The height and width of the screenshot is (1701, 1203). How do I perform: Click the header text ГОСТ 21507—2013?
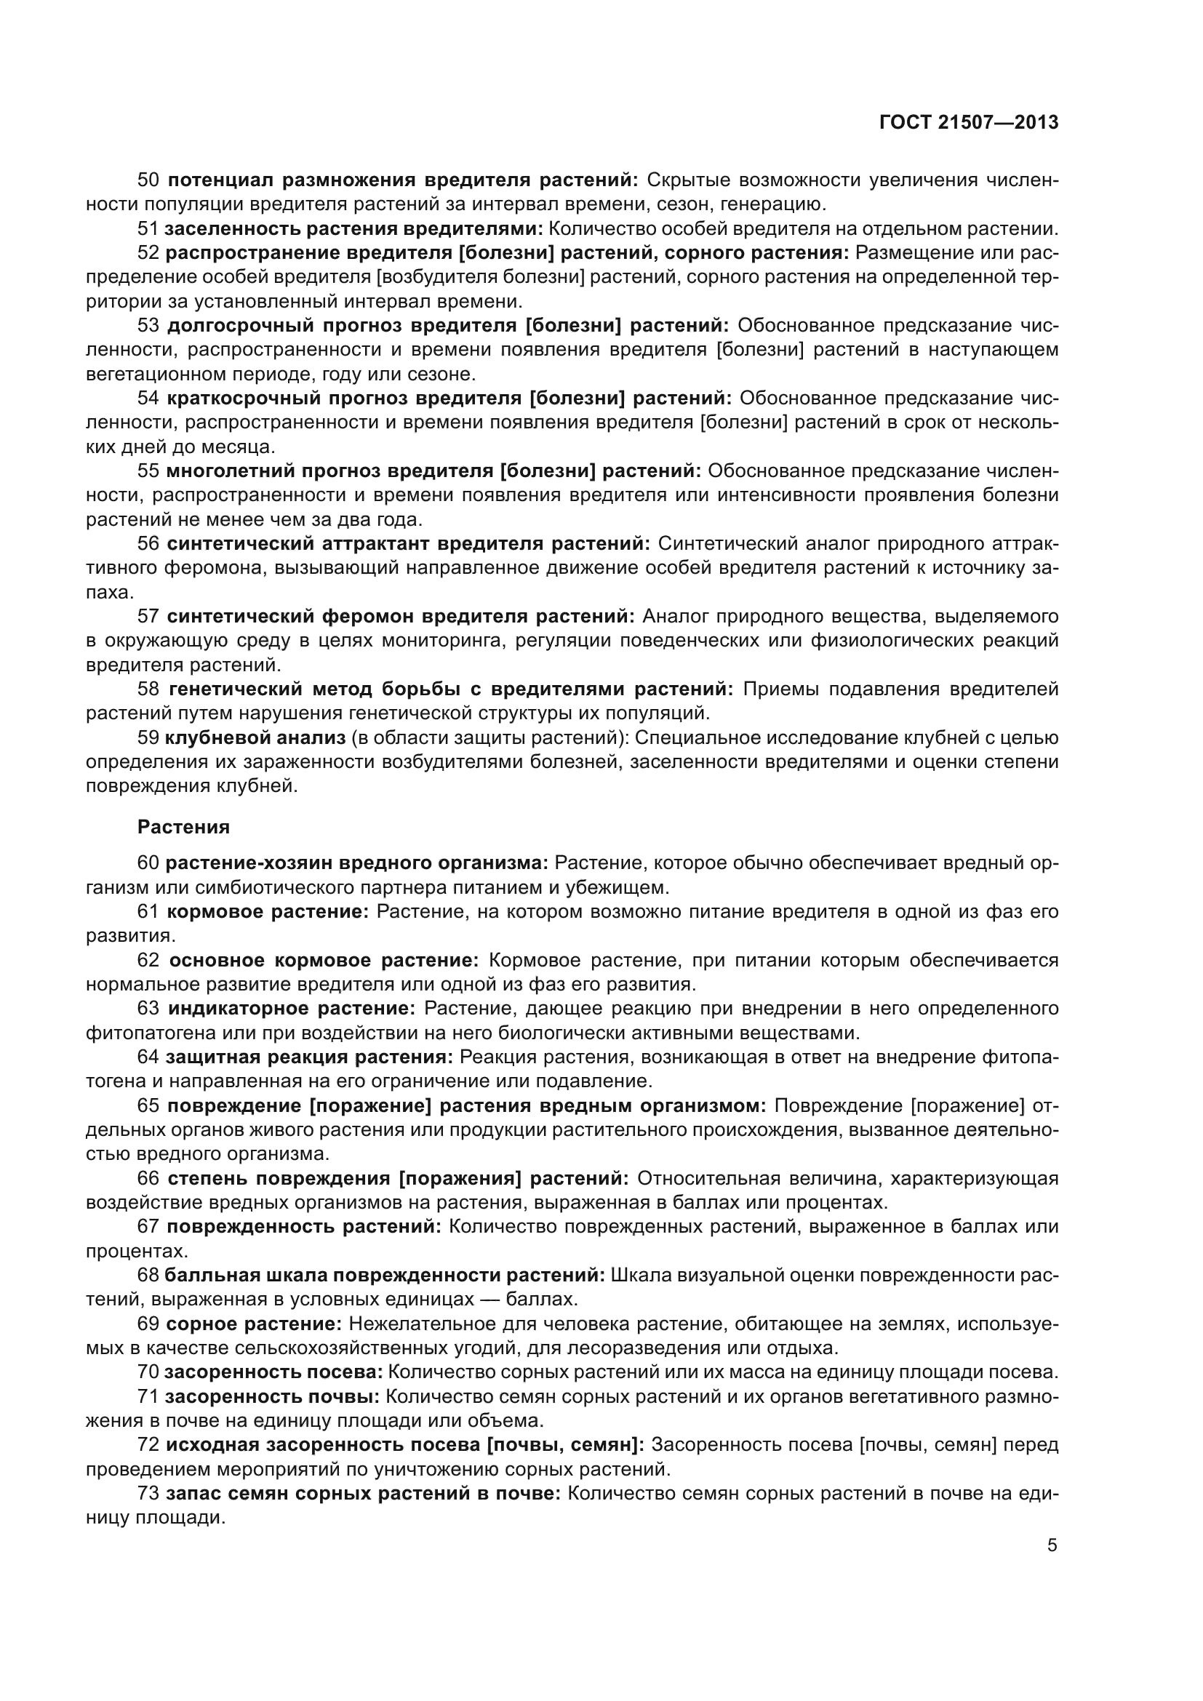968,122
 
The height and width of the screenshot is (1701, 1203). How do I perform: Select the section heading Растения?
184,827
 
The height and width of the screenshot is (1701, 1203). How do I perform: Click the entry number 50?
148,180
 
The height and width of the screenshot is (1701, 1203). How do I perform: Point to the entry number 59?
148,738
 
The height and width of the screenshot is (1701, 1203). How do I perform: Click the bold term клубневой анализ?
255,738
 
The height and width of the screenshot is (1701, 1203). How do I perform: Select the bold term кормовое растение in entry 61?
268,912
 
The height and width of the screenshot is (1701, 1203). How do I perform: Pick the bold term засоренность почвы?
272,1396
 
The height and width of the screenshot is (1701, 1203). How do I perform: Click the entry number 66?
148,1178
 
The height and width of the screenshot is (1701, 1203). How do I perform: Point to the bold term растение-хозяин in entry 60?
249,863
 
